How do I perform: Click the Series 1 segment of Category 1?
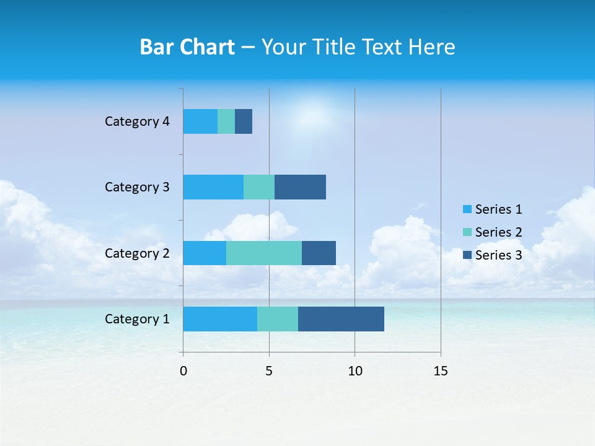pyautogui.click(x=220, y=318)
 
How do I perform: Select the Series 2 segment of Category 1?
pyautogui.click(x=278, y=318)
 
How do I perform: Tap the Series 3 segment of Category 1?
pyautogui.click(x=341, y=318)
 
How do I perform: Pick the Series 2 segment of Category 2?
pyautogui.click(x=264, y=253)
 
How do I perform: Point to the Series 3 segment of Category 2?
pyautogui.click(x=319, y=253)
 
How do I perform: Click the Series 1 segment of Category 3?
pyautogui.click(x=213, y=187)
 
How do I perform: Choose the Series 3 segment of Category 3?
pyautogui.click(x=300, y=187)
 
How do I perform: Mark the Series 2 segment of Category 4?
pyautogui.click(x=226, y=121)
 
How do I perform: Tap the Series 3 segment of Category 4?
pyautogui.click(x=244, y=121)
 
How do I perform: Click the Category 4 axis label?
pyautogui.click(x=137, y=121)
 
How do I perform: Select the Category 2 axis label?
pyautogui.click(x=137, y=253)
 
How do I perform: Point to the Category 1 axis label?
pyautogui.click(x=137, y=319)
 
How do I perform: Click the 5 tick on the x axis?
pyautogui.click(x=269, y=371)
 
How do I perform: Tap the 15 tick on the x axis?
pyautogui.click(x=440, y=371)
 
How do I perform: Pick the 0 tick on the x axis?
pyautogui.click(x=183, y=371)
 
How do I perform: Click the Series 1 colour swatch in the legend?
pyautogui.click(x=467, y=209)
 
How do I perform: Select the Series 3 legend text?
pyautogui.click(x=498, y=255)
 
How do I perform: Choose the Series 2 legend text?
pyautogui.click(x=498, y=232)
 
